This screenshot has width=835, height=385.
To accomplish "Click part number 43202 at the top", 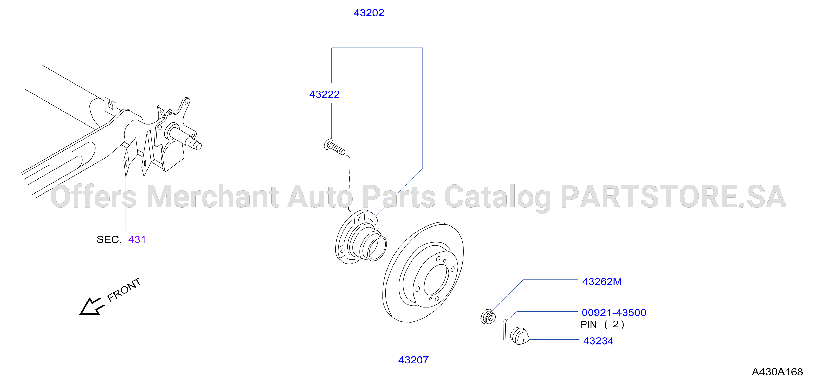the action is click(x=369, y=13).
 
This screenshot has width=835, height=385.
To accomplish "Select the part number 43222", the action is click(x=324, y=94).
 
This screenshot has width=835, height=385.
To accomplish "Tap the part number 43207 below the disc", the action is click(x=413, y=360).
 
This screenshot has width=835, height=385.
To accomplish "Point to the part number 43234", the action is click(x=598, y=341).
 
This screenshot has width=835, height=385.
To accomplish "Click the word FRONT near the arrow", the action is click(x=124, y=290).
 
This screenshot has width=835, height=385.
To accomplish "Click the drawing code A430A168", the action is click(x=777, y=372).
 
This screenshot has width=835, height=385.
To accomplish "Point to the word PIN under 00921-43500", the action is click(x=588, y=325).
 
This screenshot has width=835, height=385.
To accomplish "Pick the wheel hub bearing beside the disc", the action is click(x=361, y=236).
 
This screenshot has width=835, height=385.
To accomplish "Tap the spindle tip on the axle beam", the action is click(x=197, y=145).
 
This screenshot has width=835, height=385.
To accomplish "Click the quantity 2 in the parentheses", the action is click(x=615, y=325).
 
